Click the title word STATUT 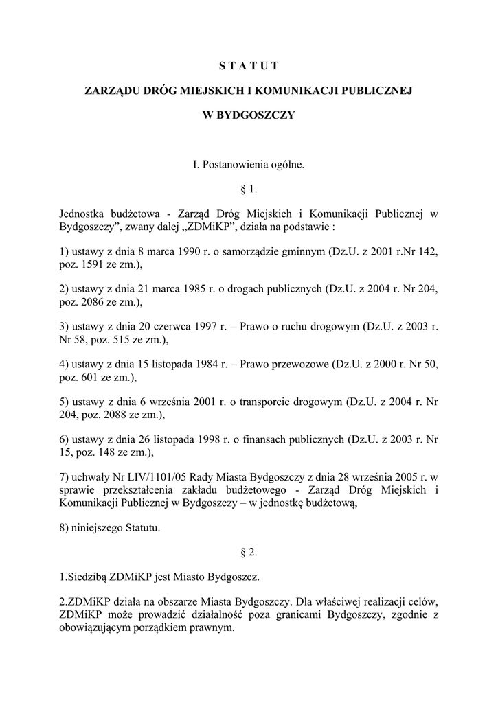pyautogui.click(x=249, y=66)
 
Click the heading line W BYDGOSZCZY pyautogui.click(x=249, y=115)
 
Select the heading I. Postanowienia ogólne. pyautogui.click(x=249, y=164)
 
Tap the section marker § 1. pyautogui.click(x=249, y=188)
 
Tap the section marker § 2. pyautogui.click(x=249, y=551)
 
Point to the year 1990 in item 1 pyautogui.click(x=190, y=251)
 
